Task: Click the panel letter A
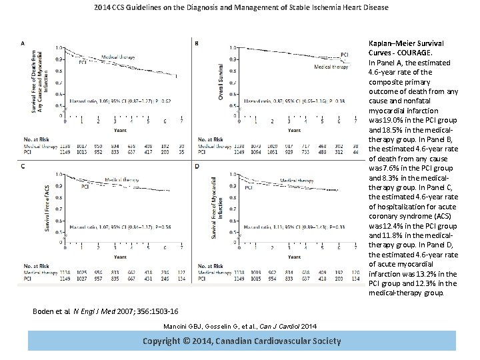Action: pyautogui.click(x=24, y=43)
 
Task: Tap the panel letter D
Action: pyautogui.click(x=196, y=165)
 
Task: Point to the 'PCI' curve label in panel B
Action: pyautogui.click(x=344, y=53)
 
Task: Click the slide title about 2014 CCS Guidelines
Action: pyautogui.click(x=241, y=8)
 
